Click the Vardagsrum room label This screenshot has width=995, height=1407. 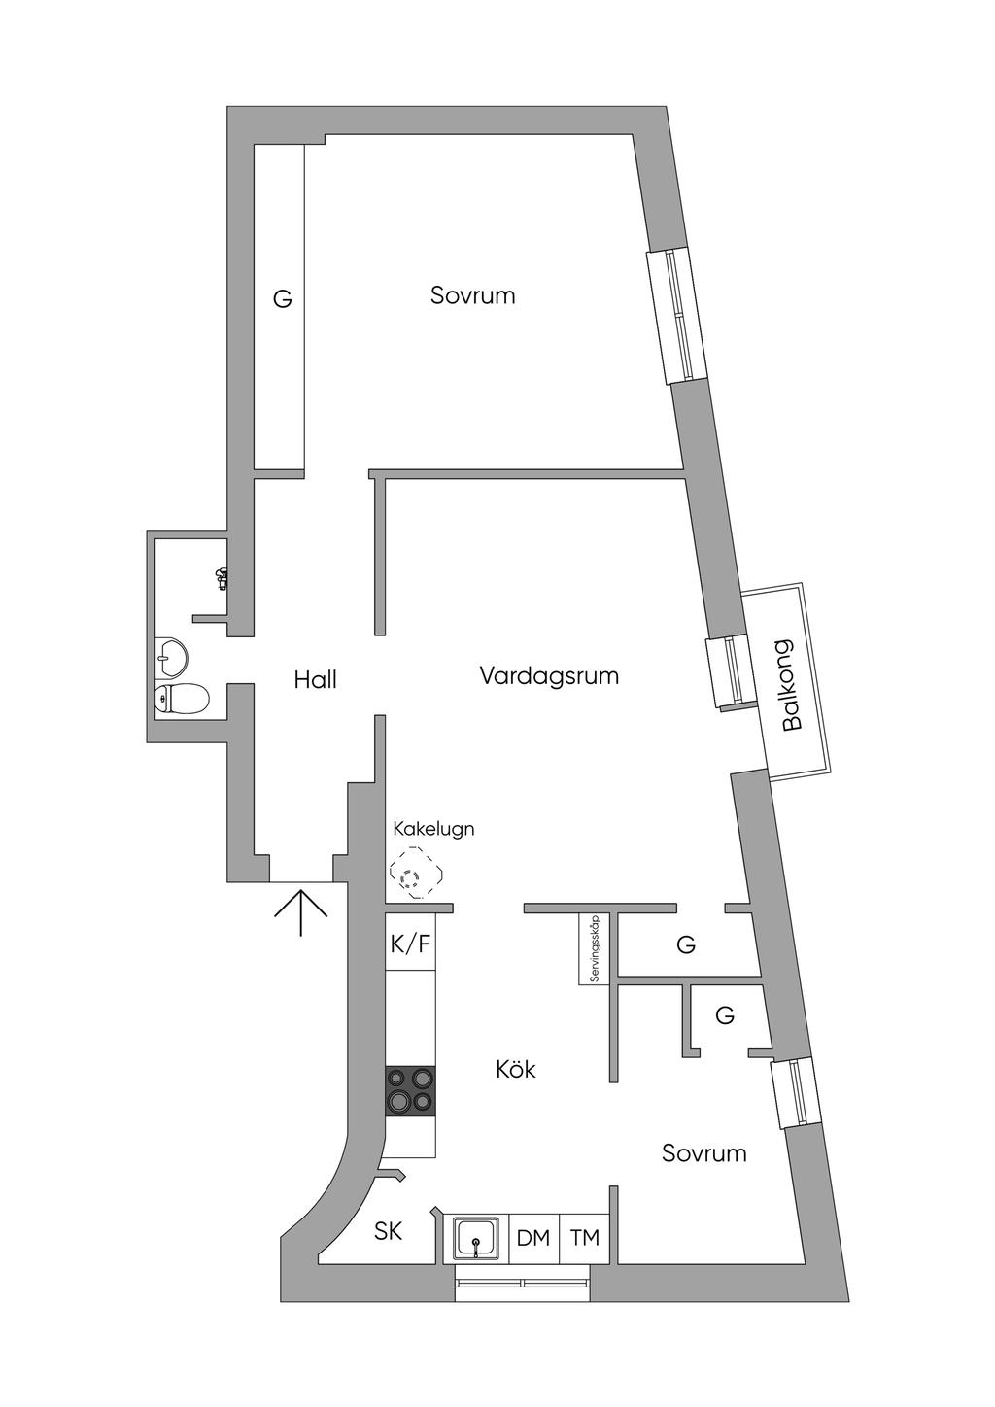[x=549, y=675]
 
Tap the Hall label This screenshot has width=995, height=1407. [x=316, y=680]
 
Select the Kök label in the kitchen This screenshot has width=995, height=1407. [x=516, y=1070]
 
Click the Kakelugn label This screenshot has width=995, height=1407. [x=433, y=829]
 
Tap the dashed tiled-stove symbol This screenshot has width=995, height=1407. [x=412, y=874]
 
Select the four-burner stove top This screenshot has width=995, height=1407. [x=410, y=1090]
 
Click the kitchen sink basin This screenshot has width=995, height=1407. [x=475, y=1238]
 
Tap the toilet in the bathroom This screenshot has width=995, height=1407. [x=183, y=699]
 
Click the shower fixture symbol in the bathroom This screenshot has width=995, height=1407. [x=223, y=579]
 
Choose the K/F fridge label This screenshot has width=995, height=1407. [x=410, y=943]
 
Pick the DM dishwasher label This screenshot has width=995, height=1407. [x=533, y=1238]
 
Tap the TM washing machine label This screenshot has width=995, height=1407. [x=585, y=1238]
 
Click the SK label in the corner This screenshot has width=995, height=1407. [x=389, y=1231]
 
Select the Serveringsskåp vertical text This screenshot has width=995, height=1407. [x=594, y=947]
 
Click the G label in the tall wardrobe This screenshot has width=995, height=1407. [x=282, y=299]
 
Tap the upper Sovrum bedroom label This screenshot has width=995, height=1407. [x=473, y=295]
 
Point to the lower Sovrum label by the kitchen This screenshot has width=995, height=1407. [x=704, y=1153]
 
